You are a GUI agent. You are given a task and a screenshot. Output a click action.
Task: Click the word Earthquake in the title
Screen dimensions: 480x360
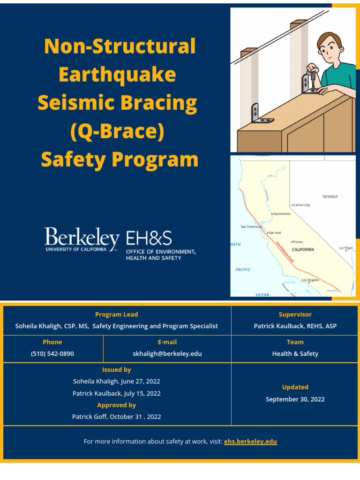point(117,75)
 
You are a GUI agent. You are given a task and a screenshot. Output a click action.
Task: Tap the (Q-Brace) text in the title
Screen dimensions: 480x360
point(117,132)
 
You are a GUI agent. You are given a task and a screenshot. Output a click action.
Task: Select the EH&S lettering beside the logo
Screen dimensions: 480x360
point(149,239)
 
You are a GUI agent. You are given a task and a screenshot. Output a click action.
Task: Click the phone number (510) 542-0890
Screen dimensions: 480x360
point(52,353)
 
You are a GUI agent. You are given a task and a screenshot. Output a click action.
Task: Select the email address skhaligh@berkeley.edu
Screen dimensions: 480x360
point(167,353)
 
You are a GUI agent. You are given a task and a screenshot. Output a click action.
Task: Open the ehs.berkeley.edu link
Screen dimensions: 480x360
point(250,442)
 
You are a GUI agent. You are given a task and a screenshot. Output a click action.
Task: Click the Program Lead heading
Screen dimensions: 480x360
point(116,315)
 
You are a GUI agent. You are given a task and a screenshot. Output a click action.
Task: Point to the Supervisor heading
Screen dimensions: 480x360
point(295,315)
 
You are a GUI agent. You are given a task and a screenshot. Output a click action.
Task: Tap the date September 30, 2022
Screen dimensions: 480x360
point(295,399)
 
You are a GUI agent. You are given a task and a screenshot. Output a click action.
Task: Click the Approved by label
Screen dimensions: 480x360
point(116,405)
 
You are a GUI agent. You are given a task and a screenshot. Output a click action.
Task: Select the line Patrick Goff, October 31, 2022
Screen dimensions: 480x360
point(116,417)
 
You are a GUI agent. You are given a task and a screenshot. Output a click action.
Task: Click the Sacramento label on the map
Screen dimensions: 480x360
point(282,214)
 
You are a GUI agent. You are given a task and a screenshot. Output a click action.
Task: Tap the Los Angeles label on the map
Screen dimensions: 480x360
point(310,280)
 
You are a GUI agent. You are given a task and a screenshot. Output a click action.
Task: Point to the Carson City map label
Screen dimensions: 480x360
point(301,205)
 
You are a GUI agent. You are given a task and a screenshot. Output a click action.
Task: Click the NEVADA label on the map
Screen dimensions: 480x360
point(330,197)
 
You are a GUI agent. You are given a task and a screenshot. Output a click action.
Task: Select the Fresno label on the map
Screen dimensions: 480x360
point(298,242)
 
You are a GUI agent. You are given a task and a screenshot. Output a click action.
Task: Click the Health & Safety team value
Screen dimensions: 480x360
point(295,353)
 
